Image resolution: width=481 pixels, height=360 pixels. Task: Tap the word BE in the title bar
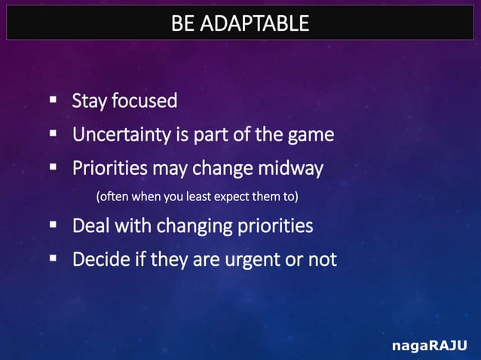coord(182,24)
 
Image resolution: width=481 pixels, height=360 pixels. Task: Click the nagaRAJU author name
coord(430,346)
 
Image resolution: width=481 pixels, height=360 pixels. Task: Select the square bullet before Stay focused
coord(54,100)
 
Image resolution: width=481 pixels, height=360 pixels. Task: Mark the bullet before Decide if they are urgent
coord(54,259)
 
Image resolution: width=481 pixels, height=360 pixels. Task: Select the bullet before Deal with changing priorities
coord(54,225)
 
